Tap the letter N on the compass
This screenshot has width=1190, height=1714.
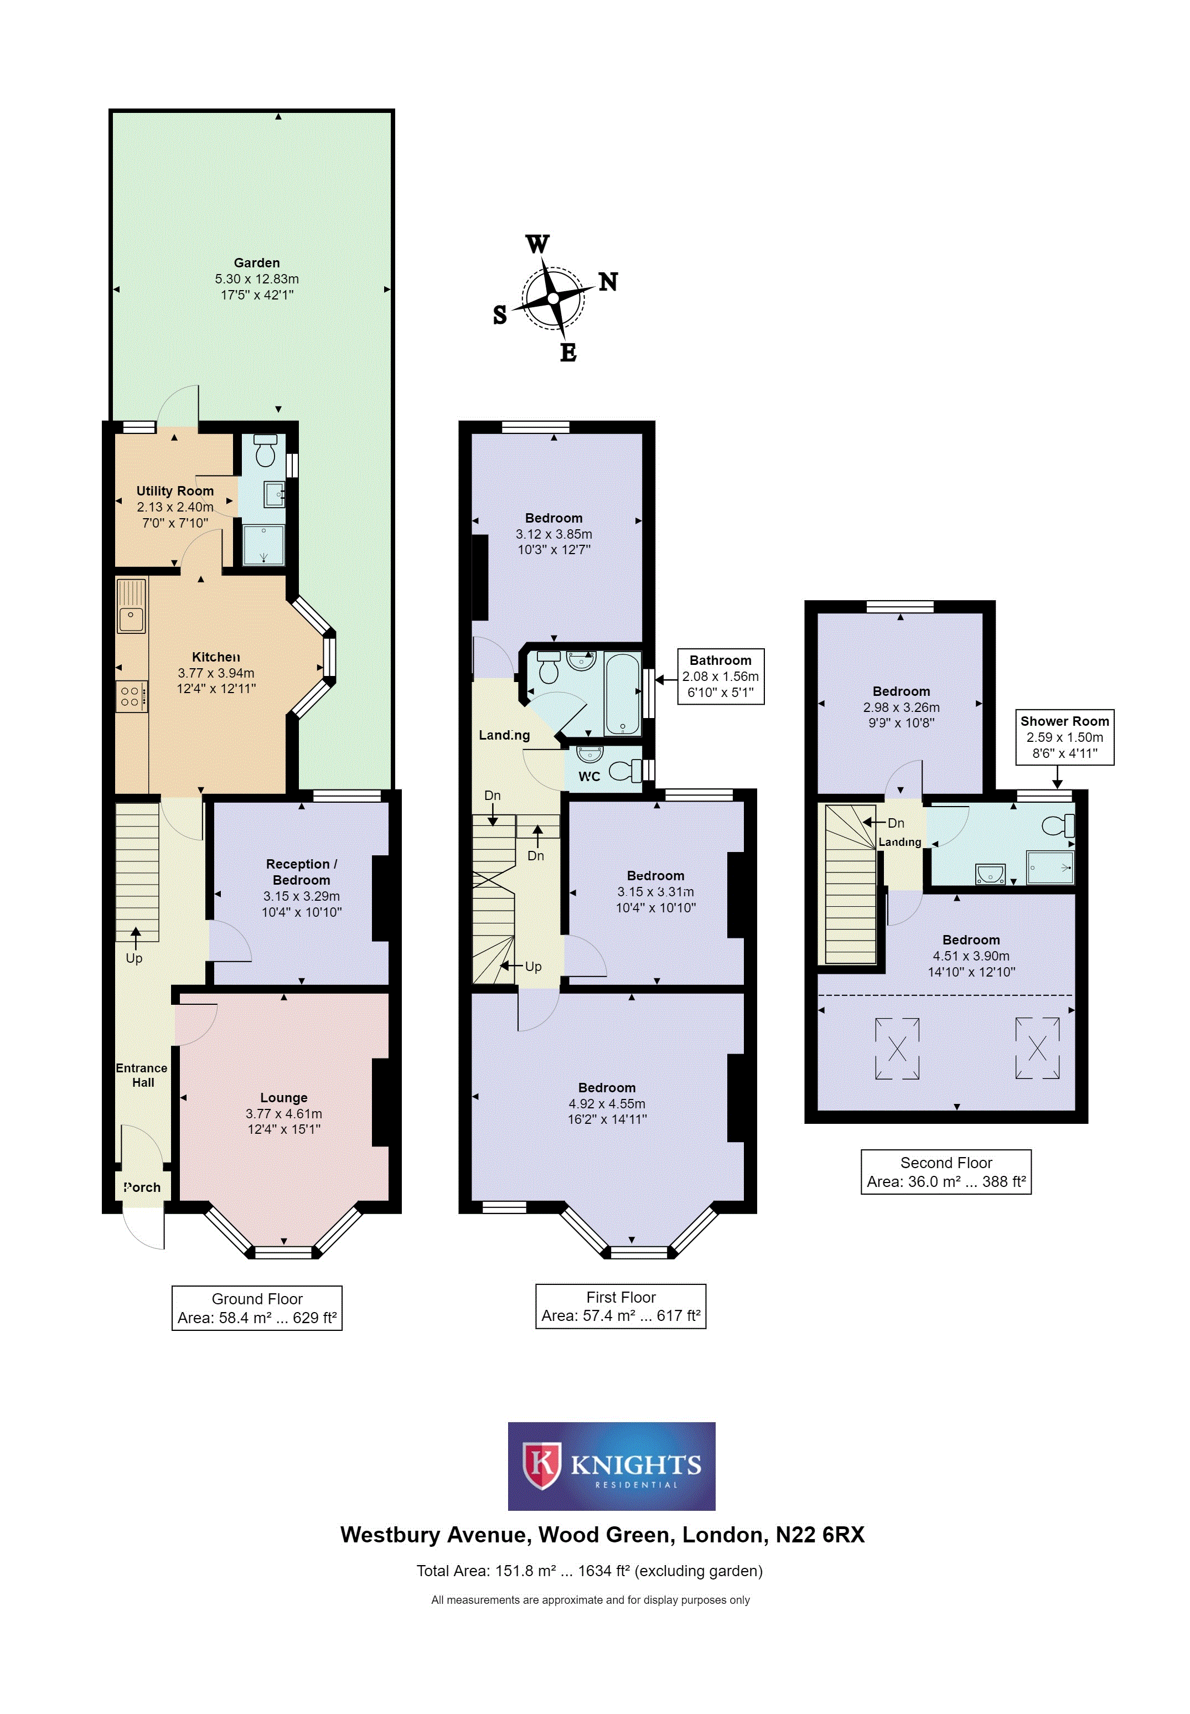pos(608,282)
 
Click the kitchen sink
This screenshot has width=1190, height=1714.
pos(131,606)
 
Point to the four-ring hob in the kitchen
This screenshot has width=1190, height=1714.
pos(131,696)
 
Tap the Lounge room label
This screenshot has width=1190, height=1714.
pos(283,1097)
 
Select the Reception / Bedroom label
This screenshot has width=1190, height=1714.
pos(301,871)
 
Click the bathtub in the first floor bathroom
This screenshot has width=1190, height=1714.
pos(623,694)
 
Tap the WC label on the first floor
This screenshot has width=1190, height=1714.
pos(589,776)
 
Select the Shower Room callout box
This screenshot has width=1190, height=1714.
pos(1065,737)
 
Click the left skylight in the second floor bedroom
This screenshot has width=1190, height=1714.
pos(897,1048)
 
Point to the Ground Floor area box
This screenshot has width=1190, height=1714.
pos(257,1308)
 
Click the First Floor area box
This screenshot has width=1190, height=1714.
pos(621,1306)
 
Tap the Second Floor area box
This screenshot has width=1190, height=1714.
pos(946,1172)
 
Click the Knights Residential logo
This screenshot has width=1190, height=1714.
pos(612,1467)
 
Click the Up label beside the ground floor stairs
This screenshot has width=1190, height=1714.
pos(134,958)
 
